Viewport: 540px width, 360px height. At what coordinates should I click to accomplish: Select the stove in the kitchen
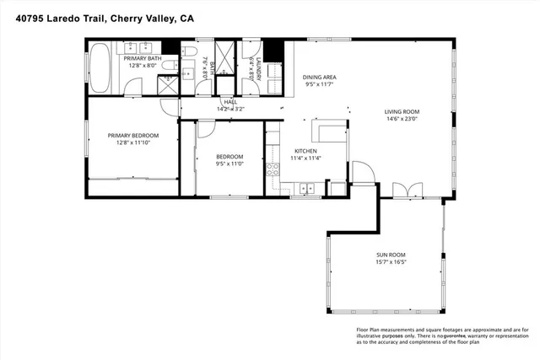pyautogui.click(x=273, y=170)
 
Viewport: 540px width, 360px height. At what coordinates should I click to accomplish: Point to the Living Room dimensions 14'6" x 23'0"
pyautogui.click(x=402, y=119)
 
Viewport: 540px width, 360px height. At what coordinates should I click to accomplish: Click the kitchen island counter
pyautogui.click(x=329, y=131)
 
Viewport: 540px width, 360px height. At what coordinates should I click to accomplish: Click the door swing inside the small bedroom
pyautogui.click(x=207, y=130)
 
